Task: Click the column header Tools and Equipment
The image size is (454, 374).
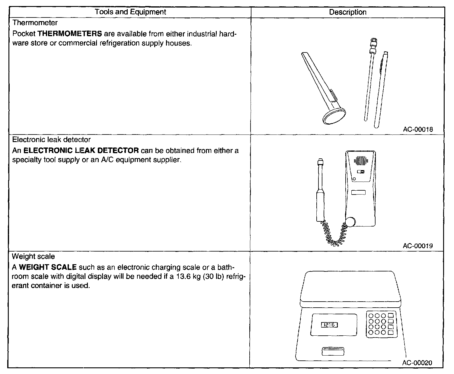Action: [x=130, y=12]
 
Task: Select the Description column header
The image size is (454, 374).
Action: [x=347, y=12]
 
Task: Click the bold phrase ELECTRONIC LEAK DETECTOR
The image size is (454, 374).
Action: [x=81, y=150]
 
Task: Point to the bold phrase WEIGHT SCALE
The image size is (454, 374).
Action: [x=48, y=267]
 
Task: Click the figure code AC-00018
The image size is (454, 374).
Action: [x=418, y=129]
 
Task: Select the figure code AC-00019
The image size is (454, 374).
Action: [x=418, y=246]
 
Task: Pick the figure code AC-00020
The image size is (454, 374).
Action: [x=417, y=363]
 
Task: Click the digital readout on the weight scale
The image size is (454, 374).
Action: [x=329, y=325]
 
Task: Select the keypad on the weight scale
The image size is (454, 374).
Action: [x=381, y=324]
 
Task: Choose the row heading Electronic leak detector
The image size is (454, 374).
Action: [x=51, y=140]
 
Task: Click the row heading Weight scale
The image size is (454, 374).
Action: [x=33, y=256]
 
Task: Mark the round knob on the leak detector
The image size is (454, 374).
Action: [x=350, y=222]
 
